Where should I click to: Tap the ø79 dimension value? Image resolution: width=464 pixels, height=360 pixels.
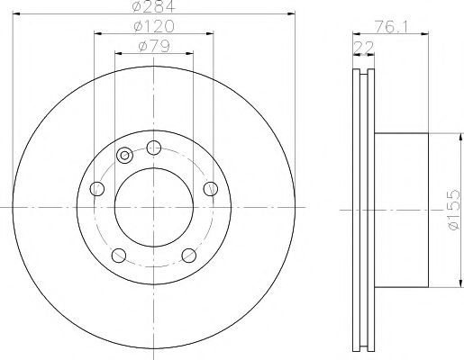(154, 47)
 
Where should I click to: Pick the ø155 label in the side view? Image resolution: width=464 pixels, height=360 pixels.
(453, 209)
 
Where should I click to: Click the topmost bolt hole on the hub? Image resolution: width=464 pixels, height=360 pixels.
(154, 148)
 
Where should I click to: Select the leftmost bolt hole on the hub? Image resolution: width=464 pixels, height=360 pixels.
(98, 188)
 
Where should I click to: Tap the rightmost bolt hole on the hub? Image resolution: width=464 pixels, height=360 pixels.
(211, 188)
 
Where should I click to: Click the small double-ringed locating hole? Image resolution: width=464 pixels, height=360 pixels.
(124, 157)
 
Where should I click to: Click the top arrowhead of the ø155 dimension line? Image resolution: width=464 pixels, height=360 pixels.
(445, 135)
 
